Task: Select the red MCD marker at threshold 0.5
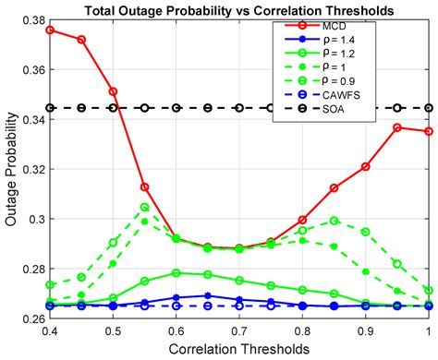coord(113,91)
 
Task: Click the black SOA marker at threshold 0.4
coord(49,108)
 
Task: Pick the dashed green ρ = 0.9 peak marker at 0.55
coord(144,207)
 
